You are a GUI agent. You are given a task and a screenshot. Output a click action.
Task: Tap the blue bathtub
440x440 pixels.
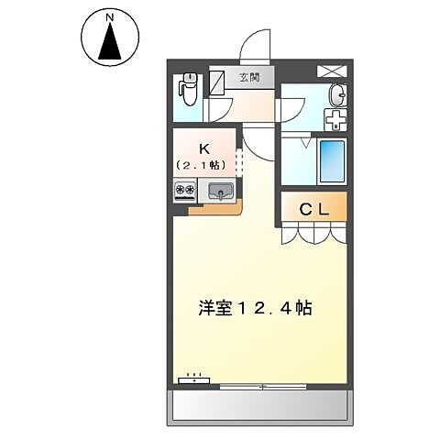(331, 162)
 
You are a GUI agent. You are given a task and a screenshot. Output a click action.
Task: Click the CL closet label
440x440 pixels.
(314, 209)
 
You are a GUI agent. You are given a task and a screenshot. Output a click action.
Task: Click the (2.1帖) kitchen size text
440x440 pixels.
(204, 165)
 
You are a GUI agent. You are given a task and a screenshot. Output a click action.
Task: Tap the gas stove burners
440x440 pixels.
(185, 192)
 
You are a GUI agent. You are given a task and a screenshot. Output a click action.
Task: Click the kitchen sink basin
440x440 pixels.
(221, 192)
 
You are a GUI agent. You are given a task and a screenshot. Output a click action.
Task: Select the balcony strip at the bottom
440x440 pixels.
(259, 403)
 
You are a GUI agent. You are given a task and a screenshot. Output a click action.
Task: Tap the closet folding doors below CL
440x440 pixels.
(314, 235)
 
